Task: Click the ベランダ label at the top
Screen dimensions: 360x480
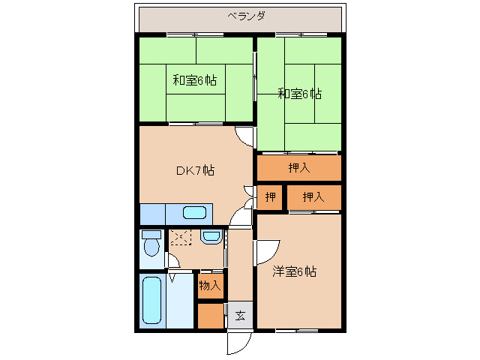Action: coord(247,16)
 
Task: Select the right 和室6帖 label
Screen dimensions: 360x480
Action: coord(299,94)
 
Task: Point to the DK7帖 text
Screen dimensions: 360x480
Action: coord(195,170)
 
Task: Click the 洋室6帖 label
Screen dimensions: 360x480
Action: coord(294,271)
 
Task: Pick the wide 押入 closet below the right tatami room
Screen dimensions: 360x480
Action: coord(299,168)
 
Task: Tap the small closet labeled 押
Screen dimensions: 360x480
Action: coord(270,197)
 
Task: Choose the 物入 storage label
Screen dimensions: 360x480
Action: coord(210,286)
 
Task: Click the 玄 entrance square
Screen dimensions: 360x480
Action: coord(240,316)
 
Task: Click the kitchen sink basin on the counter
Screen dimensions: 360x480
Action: coord(194,212)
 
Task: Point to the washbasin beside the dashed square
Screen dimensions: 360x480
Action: coord(210,238)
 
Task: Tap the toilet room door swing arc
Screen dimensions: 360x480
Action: coord(172,262)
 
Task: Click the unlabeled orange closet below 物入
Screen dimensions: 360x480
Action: coord(211,316)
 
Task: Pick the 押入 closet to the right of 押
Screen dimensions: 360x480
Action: coord(313,197)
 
